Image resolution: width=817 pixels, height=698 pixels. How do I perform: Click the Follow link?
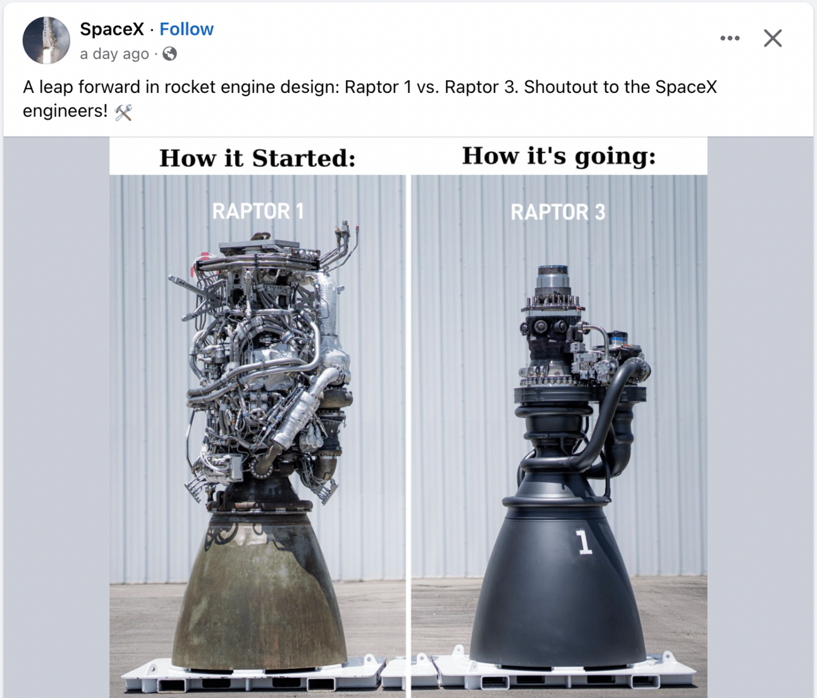tap(186, 29)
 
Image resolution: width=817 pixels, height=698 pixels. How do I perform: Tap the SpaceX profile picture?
tap(46, 40)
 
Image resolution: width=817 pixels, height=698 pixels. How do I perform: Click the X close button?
tap(773, 39)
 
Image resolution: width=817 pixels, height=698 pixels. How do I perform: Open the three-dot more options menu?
tap(730, 39)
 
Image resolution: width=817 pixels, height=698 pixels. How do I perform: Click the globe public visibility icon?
tap(169, 54)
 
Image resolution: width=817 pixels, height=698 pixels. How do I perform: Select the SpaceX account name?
tap(112, 29)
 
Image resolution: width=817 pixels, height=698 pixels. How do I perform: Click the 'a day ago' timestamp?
tap(114, 54)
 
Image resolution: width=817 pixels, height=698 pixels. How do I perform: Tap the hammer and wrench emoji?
tap(123, 113)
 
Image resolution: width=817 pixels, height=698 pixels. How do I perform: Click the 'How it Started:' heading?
tap(257, 158)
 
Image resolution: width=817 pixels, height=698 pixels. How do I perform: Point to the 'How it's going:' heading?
tap(559, 156)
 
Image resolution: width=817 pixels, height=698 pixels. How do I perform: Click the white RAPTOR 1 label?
tap(258, 211)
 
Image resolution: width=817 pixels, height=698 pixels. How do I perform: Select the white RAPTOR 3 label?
tap(558, 212)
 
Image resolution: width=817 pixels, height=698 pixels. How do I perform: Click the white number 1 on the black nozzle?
tap(584, 542)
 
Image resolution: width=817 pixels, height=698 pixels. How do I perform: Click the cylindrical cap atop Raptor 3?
tap(553, 281)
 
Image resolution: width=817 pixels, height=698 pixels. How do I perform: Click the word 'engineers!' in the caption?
tap(65, 111)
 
